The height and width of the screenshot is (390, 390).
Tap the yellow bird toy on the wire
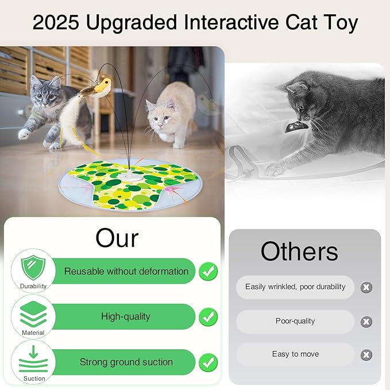(x=101, y=87)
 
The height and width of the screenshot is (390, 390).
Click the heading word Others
(x=299, y=251)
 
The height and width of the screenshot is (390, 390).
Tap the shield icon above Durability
(x=33, y=267)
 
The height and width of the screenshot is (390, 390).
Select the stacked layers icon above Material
(x=33, y=314)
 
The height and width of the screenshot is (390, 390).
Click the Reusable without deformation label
(x=126, y=271)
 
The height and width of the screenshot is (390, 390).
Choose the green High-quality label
(x=125, y=316)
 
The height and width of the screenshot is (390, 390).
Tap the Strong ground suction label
(x=126, y=362)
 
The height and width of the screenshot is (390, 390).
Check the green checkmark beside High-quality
(x=208, y=316)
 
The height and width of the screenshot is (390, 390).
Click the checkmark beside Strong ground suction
(x=208, y=362)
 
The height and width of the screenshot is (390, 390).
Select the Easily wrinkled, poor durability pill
(x=295, y=287)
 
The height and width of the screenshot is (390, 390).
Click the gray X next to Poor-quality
(x=366, y=322)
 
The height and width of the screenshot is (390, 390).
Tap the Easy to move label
(x=295, y=354)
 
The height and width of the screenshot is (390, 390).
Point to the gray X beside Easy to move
(x=366, y=355)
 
